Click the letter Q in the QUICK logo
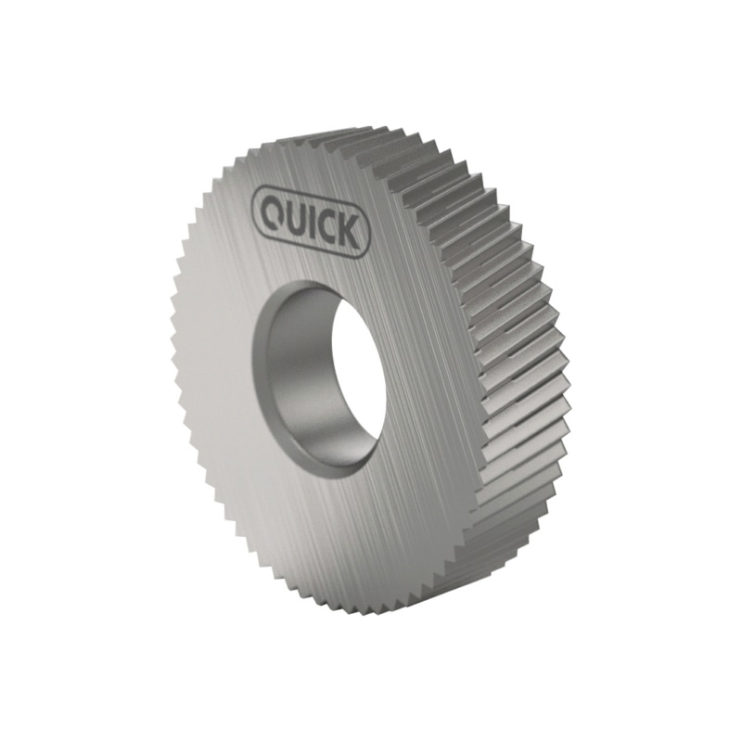(271, 214)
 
